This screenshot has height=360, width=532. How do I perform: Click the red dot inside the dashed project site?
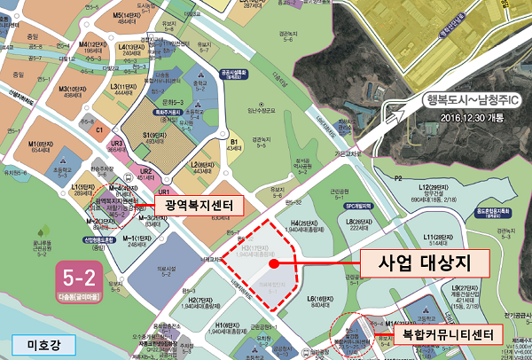[275, 263]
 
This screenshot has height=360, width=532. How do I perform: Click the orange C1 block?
[99, 130]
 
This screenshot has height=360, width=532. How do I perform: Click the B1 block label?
[235, 143]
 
